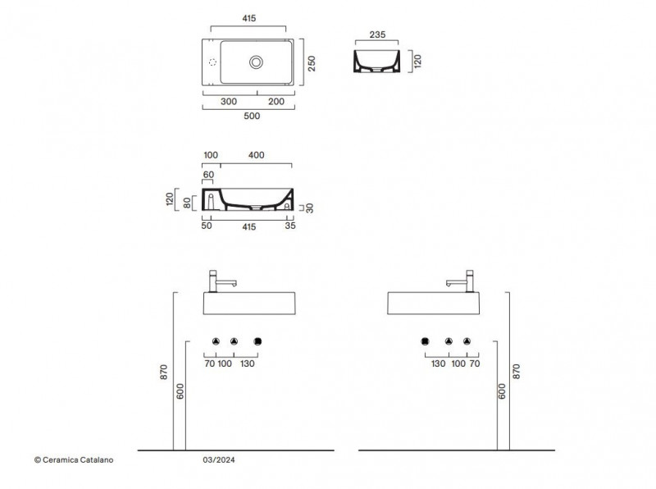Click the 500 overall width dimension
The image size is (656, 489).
point(252,116)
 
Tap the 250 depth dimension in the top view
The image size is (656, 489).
point(312,64)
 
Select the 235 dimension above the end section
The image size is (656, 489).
point(377,34)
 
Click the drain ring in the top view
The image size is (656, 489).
point(256,62)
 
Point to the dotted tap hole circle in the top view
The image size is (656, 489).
point(212,62)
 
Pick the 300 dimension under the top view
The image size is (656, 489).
point(229,101)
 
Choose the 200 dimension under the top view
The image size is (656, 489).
point(276,101)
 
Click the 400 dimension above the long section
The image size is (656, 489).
point(256,155)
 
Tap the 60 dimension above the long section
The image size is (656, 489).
point(208,175)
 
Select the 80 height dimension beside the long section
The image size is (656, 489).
point(187,203)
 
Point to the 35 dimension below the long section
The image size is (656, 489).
point(290,226)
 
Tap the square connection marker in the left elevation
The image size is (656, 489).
point(257,341)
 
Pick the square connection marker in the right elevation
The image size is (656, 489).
point(425,341)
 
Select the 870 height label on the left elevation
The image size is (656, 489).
point(164,372)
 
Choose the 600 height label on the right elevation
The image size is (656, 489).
point(502,391)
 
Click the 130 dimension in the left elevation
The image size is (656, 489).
point(248,363)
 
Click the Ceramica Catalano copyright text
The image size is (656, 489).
point(74,459)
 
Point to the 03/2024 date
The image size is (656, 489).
point(219,459)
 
